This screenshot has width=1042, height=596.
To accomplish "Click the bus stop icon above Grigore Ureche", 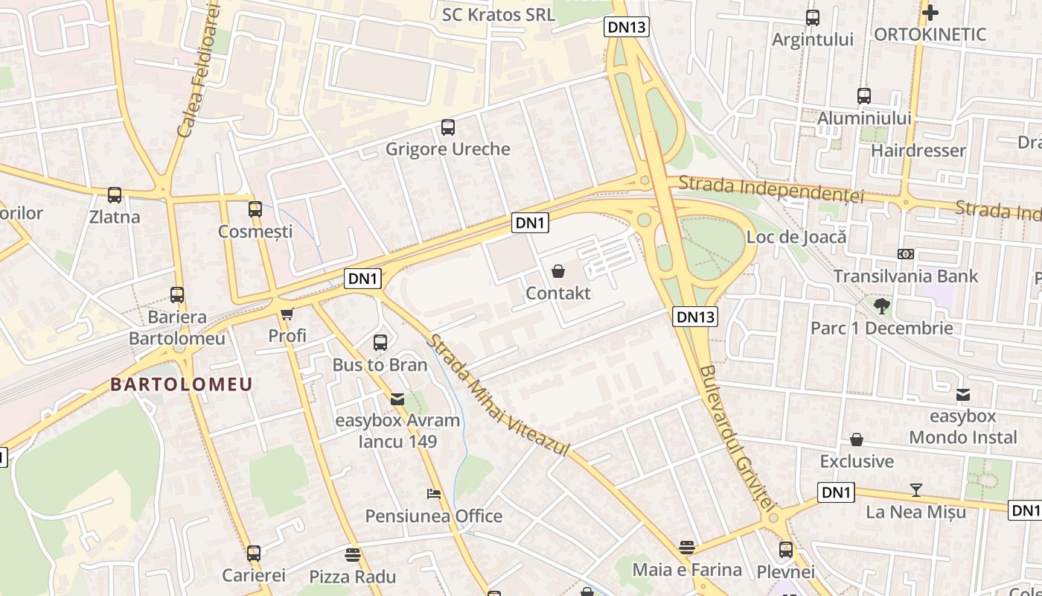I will [x=447, y=127].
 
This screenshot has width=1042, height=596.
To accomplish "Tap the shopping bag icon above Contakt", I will [x=558, y=271].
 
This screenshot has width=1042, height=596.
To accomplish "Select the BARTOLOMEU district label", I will [x=182, y=384].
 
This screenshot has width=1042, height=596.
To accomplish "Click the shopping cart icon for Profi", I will [x=287, y=314].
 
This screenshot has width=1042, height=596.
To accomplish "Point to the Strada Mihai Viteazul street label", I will [x=498, y=396].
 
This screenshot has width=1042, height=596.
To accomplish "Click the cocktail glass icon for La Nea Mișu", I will [x=916, y=490].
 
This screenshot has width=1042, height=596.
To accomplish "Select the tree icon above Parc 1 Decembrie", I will [x=881, y=305].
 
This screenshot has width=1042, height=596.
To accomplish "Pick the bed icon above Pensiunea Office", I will [x=434, y=494].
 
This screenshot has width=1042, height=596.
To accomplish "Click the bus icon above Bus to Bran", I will [x=380, y=343].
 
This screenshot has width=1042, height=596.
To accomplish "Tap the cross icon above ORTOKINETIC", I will [x=930, y=13].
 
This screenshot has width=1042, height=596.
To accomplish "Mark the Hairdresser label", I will [x=918, y=150].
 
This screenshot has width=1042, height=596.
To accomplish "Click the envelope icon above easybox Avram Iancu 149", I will [x=397, y=399].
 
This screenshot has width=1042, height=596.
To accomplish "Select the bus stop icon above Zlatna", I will [x=115, y=195].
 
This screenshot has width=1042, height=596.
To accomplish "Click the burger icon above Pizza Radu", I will [x=353, y=555].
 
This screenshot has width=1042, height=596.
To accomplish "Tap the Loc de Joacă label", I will [x=796, y=238].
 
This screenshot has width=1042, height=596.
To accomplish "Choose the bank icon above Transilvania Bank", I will [x=906, y=254].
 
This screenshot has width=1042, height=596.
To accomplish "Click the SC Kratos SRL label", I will [x=499, y=15].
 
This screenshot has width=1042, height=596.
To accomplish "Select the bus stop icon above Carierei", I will [x=254, y=554].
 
